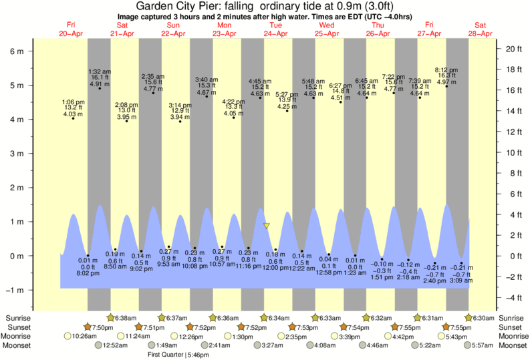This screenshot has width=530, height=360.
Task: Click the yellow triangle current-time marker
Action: tap(266, 226)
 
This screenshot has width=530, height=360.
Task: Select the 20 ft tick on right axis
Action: tap(512, 49)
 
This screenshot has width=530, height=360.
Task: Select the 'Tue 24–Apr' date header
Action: tap(275, 29)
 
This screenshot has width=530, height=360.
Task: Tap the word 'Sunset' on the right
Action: tap(511, 327)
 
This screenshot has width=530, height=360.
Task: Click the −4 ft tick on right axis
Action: tap(511, 297)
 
